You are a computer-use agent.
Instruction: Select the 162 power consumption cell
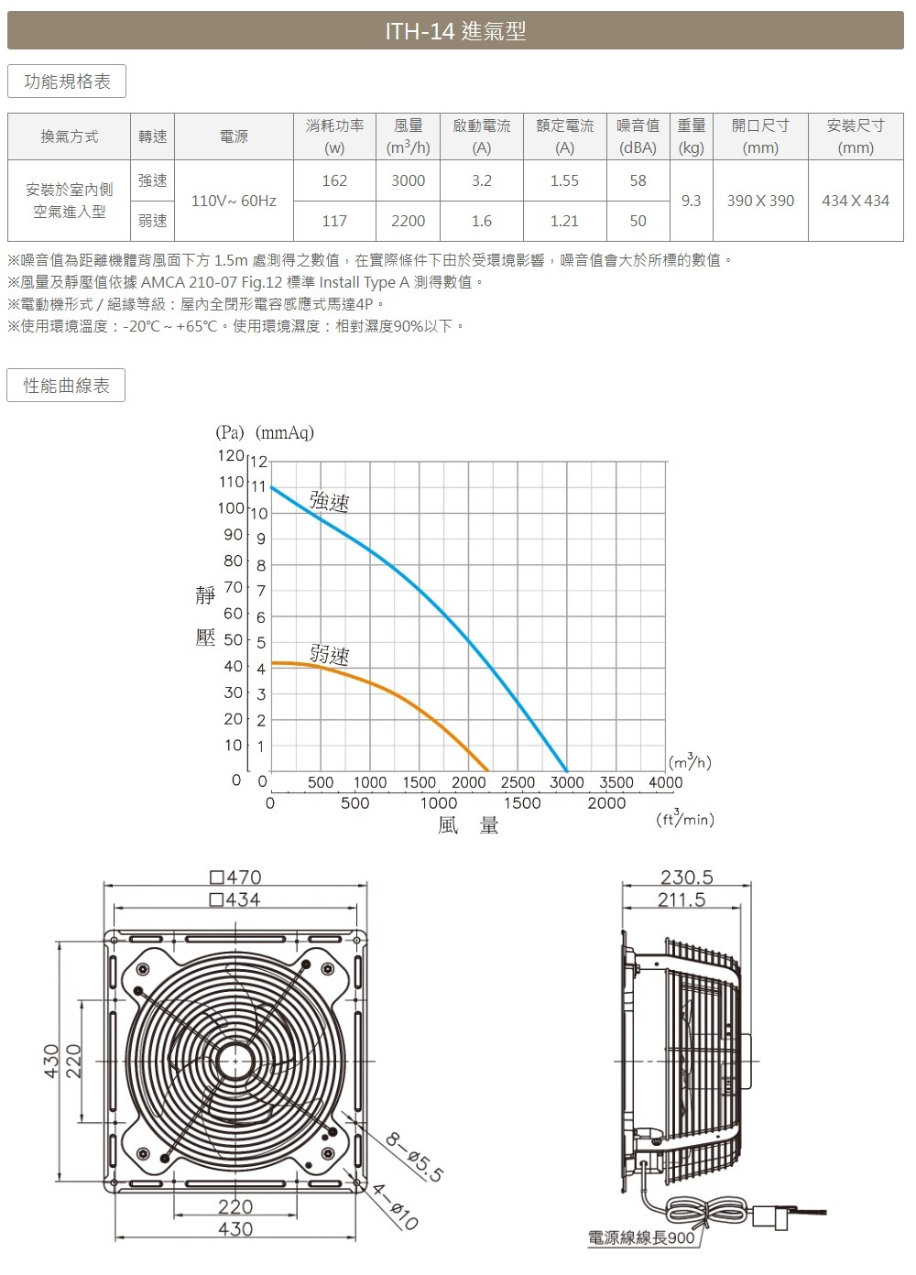tap(334, 180)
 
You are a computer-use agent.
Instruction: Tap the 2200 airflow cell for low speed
tap(408, 221)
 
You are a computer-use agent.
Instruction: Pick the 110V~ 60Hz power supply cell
tap(234, 201)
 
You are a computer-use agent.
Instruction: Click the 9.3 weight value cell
tap(691, 201)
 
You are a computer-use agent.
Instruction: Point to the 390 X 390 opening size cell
tap(760, 201)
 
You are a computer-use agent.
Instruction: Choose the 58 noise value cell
tap(638, 180)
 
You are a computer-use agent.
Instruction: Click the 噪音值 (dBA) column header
tap(638, 136)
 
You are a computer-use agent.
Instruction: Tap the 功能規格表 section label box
tap(67, 82)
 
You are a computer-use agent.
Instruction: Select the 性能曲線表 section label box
tap(66, 386)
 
